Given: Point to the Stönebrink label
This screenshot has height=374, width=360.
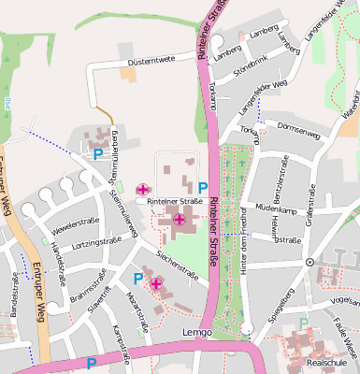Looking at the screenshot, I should tap(250, 68).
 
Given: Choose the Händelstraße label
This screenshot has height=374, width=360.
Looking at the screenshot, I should tap(57, 258).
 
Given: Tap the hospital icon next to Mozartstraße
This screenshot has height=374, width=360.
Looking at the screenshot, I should tap(156, 282).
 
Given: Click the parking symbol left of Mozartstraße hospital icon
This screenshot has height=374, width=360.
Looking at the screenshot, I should tap(138, 279).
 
